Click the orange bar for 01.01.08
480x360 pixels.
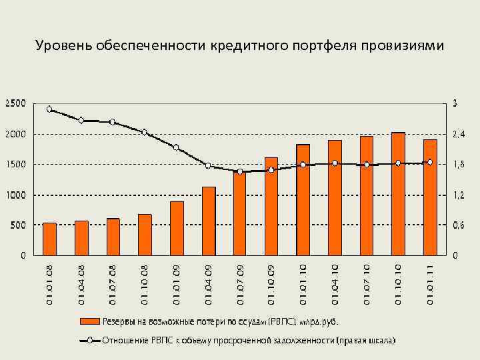pos(49,239)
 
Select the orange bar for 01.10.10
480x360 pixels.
pos(398,194)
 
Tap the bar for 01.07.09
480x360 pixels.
pos(239,213)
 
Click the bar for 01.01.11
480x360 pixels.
pos(430,197)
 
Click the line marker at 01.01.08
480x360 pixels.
pos(49,109)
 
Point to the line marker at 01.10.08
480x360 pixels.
pos(145,132)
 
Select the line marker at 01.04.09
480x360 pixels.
pos(208,166)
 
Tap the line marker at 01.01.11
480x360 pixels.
pos(430,162)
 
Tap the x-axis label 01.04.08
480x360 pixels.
pos(81,283)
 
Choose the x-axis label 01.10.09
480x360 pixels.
pos(271,283)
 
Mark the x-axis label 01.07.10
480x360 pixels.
pos(367,283)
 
